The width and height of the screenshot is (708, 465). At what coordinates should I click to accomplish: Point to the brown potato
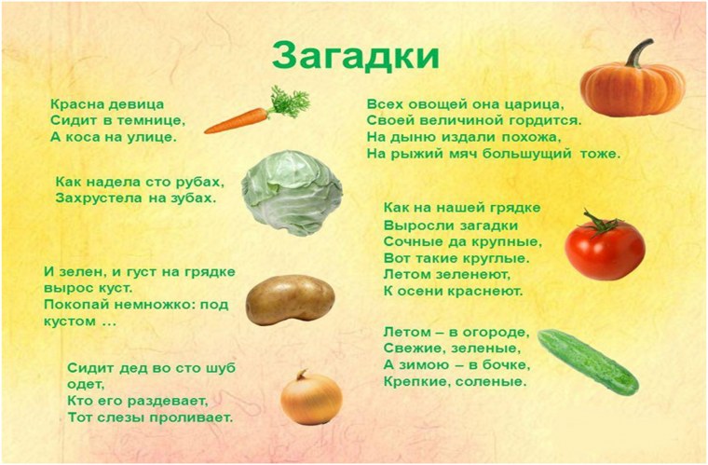coord(289,299)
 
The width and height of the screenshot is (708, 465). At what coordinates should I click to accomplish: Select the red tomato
coord(605,248)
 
